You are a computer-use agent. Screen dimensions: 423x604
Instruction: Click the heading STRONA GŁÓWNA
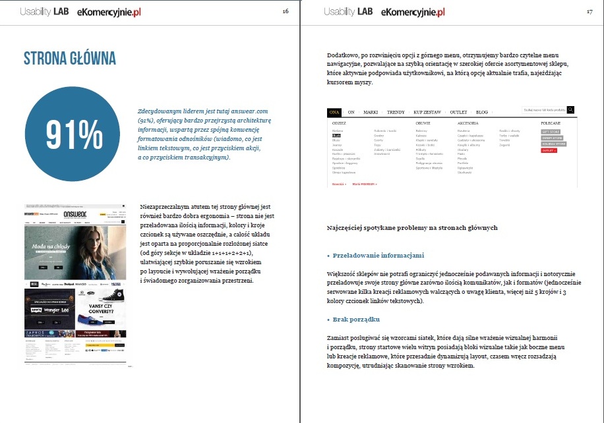click(x=70, y=58)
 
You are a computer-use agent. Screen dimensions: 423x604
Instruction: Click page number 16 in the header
click(x=285, y=12)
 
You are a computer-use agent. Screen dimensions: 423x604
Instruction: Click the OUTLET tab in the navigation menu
click(x=458, y=112)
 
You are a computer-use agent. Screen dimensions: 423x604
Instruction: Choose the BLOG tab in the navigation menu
click(x=482, y=112)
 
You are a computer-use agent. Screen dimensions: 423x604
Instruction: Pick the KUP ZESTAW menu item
click(x=428, y=112)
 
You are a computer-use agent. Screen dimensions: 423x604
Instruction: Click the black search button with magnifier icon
click(x=570, y=110)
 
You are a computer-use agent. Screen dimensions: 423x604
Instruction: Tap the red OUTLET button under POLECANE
click(x=549, y=150)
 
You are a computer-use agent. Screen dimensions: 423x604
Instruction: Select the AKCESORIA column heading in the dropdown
click(x=469, y=123)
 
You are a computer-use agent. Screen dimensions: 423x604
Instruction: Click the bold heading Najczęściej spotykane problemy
click(x=412, y=228)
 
